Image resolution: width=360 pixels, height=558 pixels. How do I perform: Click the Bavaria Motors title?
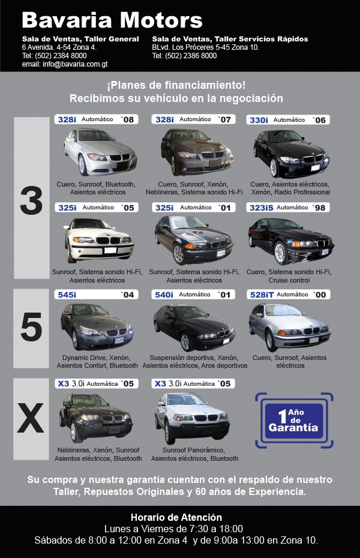pyautogui.click(x=112, y=20)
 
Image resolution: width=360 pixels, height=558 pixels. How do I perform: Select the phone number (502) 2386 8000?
pyautogui.click(x=191, y=56)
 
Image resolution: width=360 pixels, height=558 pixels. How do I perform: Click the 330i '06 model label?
pyautogui.click(x=288, y=120)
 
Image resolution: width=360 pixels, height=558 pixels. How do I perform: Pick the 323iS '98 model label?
pyautogui.click(x=288, y=208)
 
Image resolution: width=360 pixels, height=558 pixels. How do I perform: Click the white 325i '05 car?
pyautogui.click(x=99, y=240)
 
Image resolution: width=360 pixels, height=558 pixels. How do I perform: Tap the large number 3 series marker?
pyautogui.click(x=31, y=201)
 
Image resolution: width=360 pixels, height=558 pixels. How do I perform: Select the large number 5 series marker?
pyautogui.click(x=31, y=326)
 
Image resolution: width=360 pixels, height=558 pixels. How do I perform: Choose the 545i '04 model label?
pyautogui.click(x=96, y=295)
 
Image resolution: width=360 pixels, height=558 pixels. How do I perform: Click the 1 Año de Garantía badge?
pyautogui.click(x=294, y=420)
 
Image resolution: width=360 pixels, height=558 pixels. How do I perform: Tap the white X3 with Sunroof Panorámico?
pyautogui.click(x=192, y=418)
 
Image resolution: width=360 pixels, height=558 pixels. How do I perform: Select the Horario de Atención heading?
pyautogui.click(x=176, y=517)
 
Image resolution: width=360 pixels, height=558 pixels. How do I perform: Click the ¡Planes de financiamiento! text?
pyautogui.click(x=176, y=85)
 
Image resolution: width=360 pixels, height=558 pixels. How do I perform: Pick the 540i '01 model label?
pyautogui.click(x=193, y=295)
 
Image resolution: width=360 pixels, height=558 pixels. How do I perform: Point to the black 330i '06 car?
pyautogui.click(x=292, y=153)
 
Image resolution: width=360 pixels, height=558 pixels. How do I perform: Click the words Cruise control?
pyautogui.click(x=289, y=280)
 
